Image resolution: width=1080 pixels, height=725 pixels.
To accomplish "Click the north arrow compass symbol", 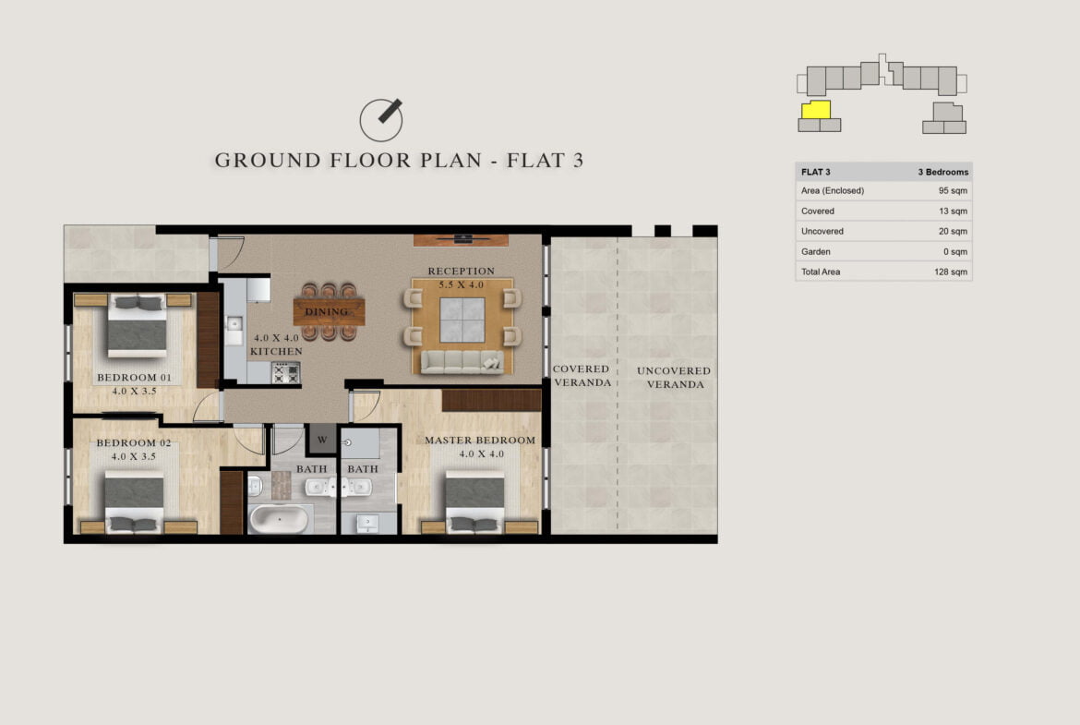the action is [x=381, y=119].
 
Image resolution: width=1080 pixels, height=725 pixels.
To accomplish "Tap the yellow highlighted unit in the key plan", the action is [x=816, y=110].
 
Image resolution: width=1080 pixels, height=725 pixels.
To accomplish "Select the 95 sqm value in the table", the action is [x=953, y=191].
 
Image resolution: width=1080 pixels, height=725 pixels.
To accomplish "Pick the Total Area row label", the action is [x=821, y=272].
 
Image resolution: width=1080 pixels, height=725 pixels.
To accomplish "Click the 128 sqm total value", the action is [x=951, y=272].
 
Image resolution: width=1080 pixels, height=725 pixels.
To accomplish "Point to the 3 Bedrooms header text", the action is [x=943, y=173].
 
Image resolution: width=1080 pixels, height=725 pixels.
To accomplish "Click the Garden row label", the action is [x=815, y=251].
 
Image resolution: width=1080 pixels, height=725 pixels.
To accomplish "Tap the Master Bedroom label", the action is [x=480, y=441].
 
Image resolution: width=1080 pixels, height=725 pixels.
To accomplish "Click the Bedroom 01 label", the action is [x=135, y=378].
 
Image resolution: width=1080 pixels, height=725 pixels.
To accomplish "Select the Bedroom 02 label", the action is [x=134, y=443].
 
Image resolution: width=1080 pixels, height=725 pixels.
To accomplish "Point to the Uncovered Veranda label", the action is [x=675, y=378].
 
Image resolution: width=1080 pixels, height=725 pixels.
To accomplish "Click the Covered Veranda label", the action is [x=582, y=376].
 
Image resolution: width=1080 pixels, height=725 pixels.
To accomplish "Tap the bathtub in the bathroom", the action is [x=279, y=519].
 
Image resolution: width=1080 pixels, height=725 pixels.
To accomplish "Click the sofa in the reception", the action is [x=462, y=362].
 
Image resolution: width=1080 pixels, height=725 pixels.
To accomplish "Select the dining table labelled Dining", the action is [x=329, y=311].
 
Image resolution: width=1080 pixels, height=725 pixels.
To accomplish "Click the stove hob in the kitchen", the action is [x=286, y=373].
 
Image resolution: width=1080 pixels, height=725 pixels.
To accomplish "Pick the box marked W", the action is [x=322, y=440].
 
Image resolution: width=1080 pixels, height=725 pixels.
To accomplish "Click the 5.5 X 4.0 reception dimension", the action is [x=462, y=284].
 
